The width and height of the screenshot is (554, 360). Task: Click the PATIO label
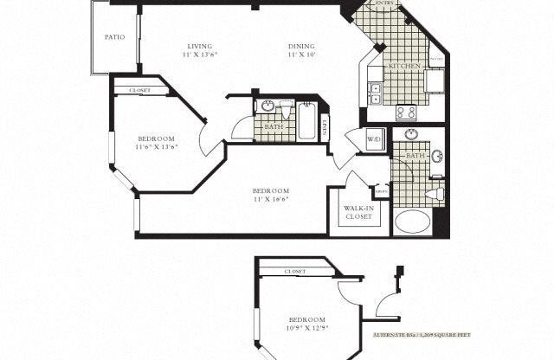coord(114,37)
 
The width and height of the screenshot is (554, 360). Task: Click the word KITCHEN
coord(404,67)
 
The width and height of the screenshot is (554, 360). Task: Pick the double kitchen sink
coord(376,93)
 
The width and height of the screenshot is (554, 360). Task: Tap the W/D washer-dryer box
coord(374,138)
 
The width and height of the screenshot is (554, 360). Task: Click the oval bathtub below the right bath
coord(412,222)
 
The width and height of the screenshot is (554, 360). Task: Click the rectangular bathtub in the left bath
coord(306,122)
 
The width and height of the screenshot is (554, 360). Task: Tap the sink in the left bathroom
coord(267,107)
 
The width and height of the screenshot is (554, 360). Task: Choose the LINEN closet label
coord(325,126)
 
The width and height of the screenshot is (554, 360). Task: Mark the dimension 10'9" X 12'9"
coord(307,328)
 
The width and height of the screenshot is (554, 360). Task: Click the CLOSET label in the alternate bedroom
coord(295,272)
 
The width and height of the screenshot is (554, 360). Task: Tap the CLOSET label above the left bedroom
coord(139,90)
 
